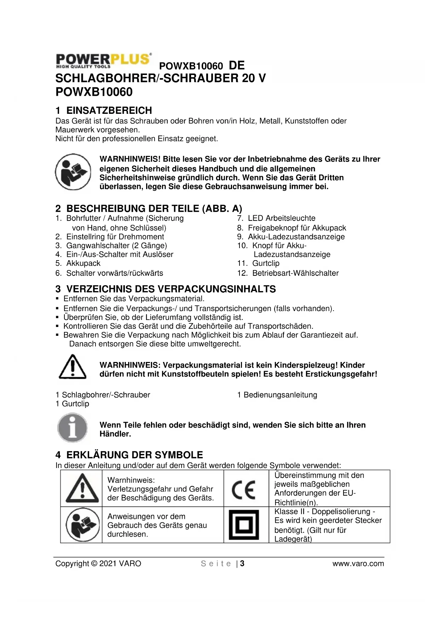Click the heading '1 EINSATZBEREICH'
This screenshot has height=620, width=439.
coord(104,110)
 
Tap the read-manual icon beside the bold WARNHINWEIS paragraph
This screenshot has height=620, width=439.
coord(73,172)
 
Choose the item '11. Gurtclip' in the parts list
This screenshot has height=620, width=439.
coord(258,263)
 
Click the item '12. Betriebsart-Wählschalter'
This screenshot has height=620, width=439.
coord(288,273)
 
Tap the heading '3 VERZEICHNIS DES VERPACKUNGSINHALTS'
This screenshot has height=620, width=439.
coord(166,289)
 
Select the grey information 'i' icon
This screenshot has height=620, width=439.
coord(73,428)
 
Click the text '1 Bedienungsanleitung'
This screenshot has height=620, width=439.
coord(277,395)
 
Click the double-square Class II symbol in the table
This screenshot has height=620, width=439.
coord(244,525)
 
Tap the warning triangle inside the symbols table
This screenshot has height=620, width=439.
coord(82,488)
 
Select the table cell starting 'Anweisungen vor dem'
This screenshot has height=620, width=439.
coord(157,525)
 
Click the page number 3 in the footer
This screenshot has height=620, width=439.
coord(242,563)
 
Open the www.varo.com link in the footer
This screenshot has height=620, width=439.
coord(358,563)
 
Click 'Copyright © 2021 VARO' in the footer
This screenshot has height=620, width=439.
coord(98,563)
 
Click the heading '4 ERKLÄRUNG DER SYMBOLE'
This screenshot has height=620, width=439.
coord(129,455)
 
